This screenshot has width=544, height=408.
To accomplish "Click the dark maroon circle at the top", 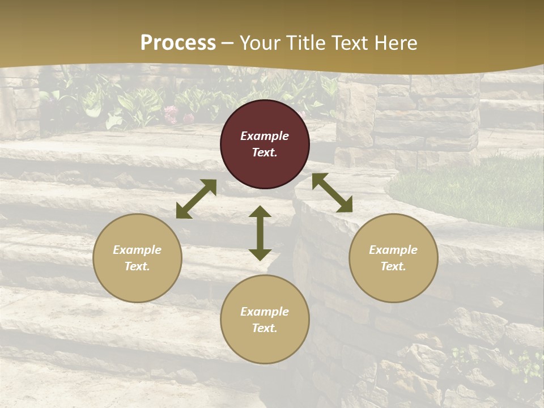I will pyautogui.click(x=265, y=144).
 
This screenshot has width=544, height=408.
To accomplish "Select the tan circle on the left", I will pyautogui.click(x=137, y=258).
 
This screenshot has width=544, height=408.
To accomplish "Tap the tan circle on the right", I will pyautogui.click(x=393, y=258).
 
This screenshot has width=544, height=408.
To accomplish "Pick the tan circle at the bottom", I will pyautogui.click(x=265, y=320).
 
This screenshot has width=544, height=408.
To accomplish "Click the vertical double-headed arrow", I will pyautogui.click(x=260, y=233).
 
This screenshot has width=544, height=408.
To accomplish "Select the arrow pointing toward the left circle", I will pyautogui.click(x=196, y=199).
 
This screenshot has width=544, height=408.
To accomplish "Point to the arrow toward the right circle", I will pyautogui.click(x=332, y=193).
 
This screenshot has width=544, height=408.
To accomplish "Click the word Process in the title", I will pyautogui.click(x=178, y=42).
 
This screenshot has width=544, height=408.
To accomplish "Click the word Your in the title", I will pyautogui.click(x=261, y=42).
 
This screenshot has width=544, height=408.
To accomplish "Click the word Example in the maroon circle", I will pyautogui.click(x=265, y=136).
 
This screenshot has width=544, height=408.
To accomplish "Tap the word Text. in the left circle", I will pyautogui.click(x=137, y=266).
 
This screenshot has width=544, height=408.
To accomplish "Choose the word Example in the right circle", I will pyautogui.click(x=393, y=250).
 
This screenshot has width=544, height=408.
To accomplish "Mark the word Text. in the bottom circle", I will pyautogui.click(x=265, y=328).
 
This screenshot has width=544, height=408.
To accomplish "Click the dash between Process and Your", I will pyautogui.click(x=228, y=43).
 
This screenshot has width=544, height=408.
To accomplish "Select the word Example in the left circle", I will pyautogui.click(x=137, y=250).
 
